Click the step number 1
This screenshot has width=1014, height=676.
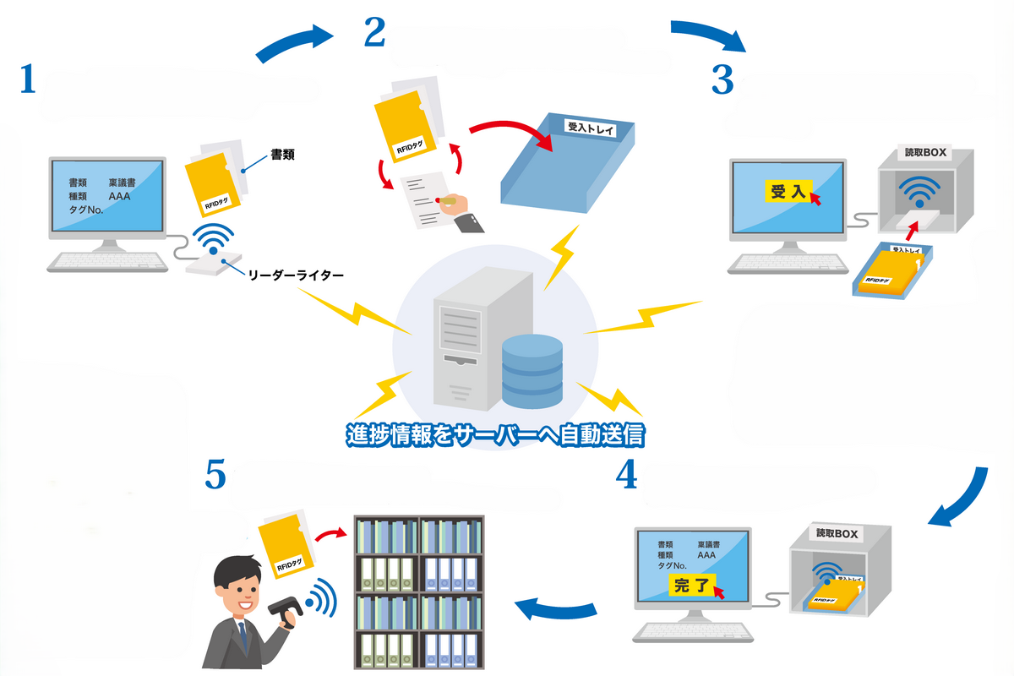(x=28, y=80)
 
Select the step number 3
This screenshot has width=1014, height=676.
(x=722, y=79)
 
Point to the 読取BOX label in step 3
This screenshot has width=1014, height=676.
(x=926, y=154)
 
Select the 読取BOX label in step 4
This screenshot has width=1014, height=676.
(x=837, y=534)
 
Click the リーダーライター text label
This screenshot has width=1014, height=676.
(x=296, y=275)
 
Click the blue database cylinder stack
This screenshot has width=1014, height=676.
(x=532, y=370)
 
